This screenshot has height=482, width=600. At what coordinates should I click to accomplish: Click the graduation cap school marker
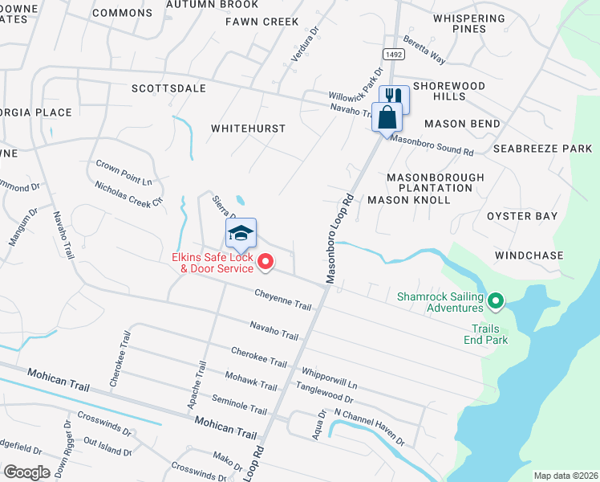(241, 234)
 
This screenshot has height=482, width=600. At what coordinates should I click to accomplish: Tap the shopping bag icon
(387, 116)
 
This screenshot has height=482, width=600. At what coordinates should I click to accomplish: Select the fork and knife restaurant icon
(395, 100)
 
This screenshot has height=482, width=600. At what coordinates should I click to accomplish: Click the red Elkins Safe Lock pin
(266, 260)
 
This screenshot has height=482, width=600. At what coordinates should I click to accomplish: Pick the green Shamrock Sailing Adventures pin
(496, 301)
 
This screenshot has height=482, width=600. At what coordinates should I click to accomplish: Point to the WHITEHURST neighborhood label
(248, 129)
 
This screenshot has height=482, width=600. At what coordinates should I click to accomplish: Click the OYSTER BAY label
(521, 216)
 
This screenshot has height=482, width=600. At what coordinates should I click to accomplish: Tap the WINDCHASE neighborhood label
(529, 255)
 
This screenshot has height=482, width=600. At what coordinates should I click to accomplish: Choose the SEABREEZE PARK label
(542, 149)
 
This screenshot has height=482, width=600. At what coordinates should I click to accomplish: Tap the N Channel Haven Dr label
(370, 428)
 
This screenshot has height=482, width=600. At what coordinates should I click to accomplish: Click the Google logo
(26, 472)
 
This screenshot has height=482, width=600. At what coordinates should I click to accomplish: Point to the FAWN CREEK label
(261, 22)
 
